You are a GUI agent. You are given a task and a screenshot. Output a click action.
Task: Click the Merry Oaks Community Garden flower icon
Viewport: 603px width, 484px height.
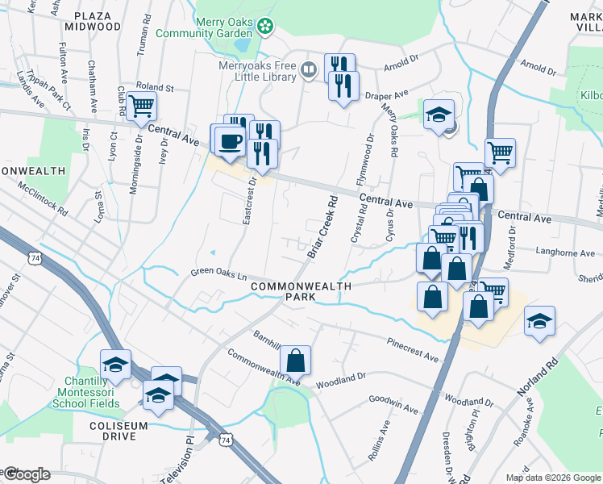(264, 27)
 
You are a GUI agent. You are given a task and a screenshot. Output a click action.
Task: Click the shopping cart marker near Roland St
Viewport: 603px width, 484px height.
(142, 106)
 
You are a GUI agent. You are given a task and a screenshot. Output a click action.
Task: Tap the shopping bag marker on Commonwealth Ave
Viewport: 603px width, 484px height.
(296, 361)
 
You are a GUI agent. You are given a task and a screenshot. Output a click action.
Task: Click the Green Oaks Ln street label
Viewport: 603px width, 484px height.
(218, 273)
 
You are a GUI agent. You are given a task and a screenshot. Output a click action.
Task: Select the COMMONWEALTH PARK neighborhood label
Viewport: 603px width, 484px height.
(301, 291)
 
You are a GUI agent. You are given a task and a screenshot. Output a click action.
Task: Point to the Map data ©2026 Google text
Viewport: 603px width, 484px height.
(551, 478)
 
